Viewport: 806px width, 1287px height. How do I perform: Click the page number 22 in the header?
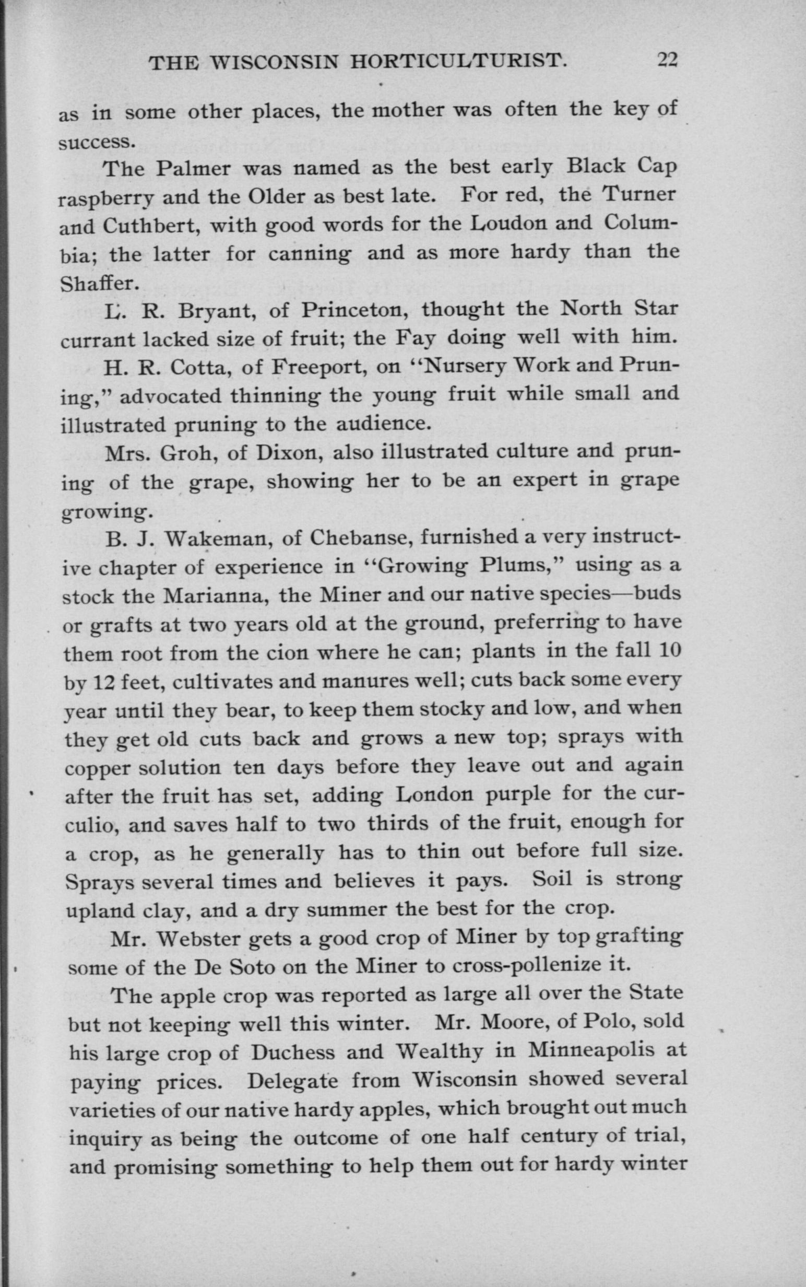667,60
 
